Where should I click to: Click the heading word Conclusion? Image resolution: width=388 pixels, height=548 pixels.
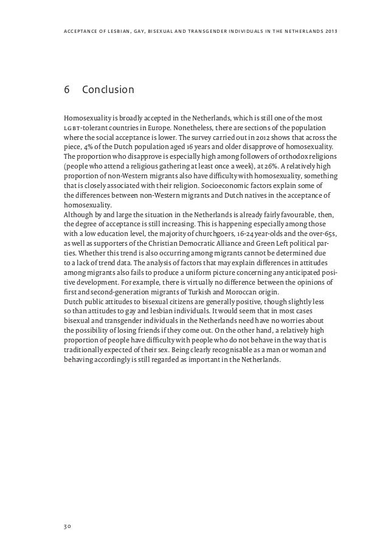click(x=108, y=90)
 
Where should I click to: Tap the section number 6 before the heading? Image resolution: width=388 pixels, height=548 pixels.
click(x=67, y=90)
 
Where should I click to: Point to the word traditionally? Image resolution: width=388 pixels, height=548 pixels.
click(x=88, y=350)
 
